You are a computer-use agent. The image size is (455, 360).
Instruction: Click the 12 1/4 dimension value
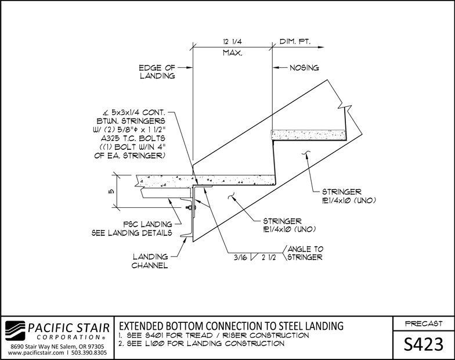click(232, 42)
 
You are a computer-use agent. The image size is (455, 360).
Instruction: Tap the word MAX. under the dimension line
click(232, 53)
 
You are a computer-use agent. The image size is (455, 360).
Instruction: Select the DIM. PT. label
click(295, 42)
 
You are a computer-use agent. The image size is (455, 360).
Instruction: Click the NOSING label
click(304, 68)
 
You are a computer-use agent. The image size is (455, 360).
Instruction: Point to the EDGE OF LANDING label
click(157, 72)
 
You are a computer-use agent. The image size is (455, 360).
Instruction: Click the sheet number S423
click(424, 344)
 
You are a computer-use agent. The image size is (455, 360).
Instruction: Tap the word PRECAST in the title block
click(424, 323)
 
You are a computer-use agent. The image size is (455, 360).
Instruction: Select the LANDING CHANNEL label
click(150, 261)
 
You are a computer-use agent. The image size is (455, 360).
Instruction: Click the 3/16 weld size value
click(240, 257)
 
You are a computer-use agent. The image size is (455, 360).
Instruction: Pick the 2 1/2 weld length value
click(269, 257)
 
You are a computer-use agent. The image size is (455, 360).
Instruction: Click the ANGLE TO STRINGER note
click(305, 253)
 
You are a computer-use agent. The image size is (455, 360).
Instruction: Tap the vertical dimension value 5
click(112, 192)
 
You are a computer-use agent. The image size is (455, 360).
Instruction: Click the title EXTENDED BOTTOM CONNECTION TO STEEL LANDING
click(231, 326)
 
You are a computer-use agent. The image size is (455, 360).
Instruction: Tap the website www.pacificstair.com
click(36, 353)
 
